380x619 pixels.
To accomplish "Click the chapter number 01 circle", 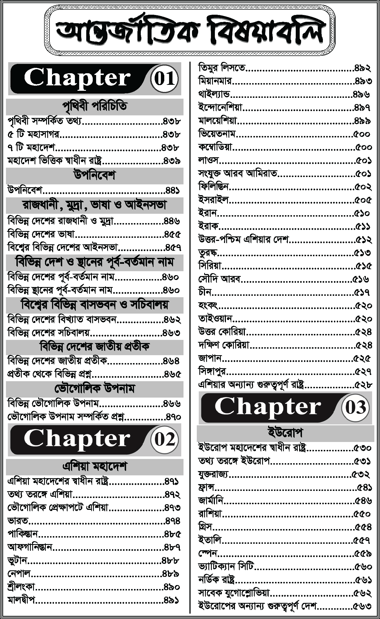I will click(x=164, y=79).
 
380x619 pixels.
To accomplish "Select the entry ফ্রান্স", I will click(x=206, y=487).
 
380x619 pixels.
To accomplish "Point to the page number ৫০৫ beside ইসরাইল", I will click(x=363, y=200).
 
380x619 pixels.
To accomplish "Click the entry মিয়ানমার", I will click(x=215, y=81).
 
